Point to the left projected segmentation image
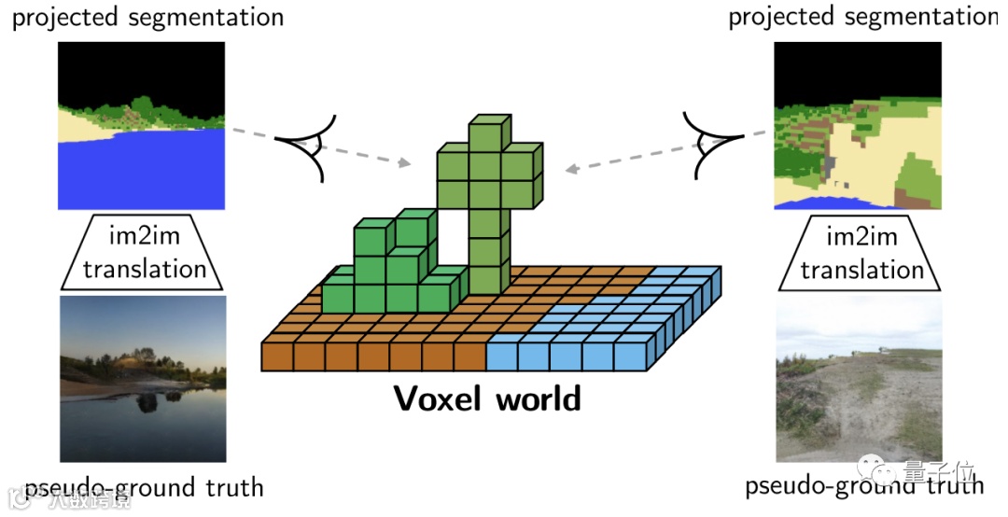point(142,125)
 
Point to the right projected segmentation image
point(858,125)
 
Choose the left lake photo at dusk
point(142,378)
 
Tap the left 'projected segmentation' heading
point(147,17)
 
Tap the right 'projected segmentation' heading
point(861,17)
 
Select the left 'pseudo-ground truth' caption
point(145,487)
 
